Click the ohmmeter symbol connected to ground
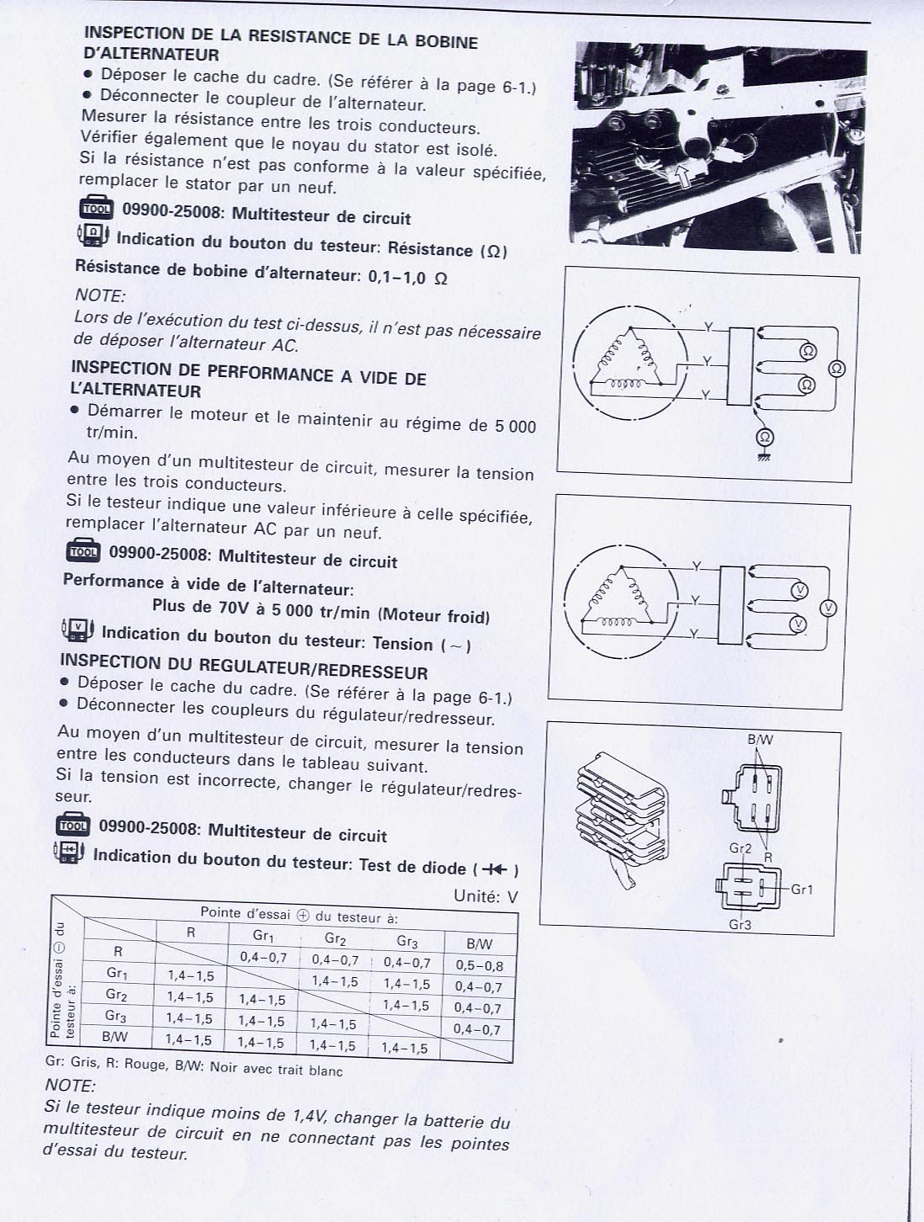pos(765,437)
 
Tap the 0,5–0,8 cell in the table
pos(480,965)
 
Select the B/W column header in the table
pos(480,944)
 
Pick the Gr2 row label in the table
pos(116,994)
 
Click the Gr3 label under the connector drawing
pos(740,925)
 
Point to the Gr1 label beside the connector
pos(802,890)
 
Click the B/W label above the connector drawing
pos(761,740)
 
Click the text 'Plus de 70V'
pos(202,606)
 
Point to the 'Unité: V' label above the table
pos(486,896)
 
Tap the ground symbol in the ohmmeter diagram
pos(765,457)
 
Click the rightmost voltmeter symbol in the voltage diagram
pos(828,608)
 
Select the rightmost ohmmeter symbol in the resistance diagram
pos(836,369)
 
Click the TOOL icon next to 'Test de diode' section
pos(73,825)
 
